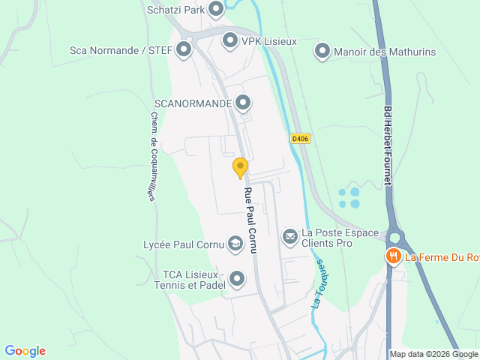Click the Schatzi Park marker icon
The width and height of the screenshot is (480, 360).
216,9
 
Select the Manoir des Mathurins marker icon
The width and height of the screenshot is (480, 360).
322,51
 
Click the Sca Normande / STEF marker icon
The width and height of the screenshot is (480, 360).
183,51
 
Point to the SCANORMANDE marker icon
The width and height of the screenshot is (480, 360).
242,103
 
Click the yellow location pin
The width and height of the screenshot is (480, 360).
240,167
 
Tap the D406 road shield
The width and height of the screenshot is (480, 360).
300,139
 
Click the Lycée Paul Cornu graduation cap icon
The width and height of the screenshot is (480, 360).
235,243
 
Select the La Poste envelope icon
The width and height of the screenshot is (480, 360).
290,237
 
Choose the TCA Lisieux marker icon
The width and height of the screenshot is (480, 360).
237,279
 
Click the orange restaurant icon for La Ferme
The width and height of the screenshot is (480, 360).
394,257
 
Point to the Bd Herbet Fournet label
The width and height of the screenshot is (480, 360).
388,147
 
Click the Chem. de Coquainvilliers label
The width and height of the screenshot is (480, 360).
152,156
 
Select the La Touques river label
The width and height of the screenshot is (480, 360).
319,284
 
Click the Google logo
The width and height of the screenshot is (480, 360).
25,351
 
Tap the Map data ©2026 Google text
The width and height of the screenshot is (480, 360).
433,355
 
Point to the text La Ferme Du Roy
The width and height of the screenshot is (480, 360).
442,258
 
